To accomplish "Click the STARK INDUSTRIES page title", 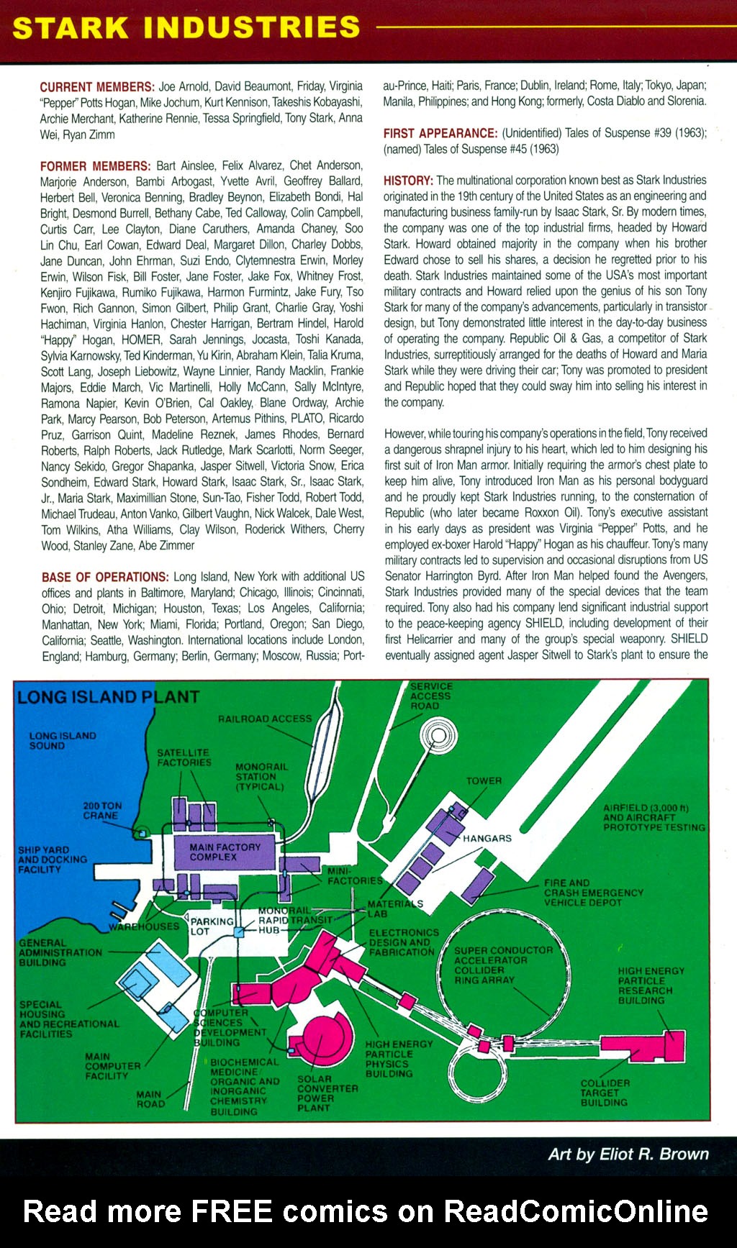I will point(186,27).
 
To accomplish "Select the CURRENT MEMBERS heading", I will point(97,86).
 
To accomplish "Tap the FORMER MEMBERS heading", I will point(96,165).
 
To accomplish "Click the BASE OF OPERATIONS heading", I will point(105,577).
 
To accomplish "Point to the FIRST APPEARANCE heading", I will point(440,133).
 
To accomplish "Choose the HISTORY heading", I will point(408,180).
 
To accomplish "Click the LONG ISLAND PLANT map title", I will point(108,697).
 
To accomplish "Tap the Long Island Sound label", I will point(62,741).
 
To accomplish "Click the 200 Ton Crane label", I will point(102,811).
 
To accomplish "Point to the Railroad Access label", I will point(265,719).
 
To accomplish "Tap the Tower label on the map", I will point(484,780).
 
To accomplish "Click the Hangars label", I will point(487,838).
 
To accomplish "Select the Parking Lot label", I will point(212,926).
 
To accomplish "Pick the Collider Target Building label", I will point(605,1092).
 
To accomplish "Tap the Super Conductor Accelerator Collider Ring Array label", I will point(503,965).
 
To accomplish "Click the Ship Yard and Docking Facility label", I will point(52,860).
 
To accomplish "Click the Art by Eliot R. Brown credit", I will point(628,1154).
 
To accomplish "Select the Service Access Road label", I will point(431,696).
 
